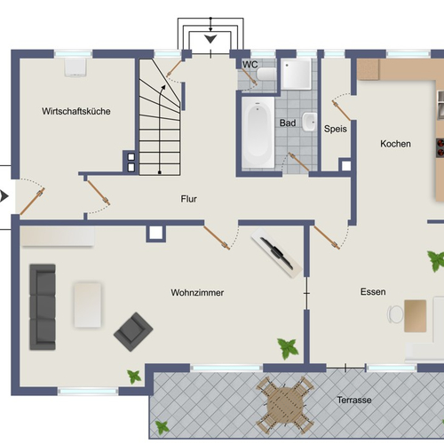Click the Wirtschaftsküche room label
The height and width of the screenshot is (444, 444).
click(76, 111)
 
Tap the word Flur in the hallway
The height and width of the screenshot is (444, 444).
click(189, 199)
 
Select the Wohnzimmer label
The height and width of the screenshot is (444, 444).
click(197, 293)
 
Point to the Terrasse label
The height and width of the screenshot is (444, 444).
click(354, 400)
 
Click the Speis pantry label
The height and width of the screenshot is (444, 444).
click(336, 129)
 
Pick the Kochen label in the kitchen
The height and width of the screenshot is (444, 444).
click(395, 144)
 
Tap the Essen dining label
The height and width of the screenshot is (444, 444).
click(373, 292)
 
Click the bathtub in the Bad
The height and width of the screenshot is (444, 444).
click(258, 132)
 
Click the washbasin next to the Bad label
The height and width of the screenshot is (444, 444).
click(309, 122)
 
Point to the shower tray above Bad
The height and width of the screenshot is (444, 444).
click(296, 74)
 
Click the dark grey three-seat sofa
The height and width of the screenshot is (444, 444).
click(43, 307)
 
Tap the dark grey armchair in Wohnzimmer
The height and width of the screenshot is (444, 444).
click(133, 331)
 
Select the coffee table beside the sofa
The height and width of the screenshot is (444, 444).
click(88, 305)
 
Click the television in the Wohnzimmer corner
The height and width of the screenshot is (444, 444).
click(277, 253)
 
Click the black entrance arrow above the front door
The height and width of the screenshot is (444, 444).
click(210, 39)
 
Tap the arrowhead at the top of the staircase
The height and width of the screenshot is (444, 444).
click(163, 87)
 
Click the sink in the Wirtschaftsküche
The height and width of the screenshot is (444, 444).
click(75, 67)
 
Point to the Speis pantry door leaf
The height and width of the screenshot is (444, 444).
click(341, 111)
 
